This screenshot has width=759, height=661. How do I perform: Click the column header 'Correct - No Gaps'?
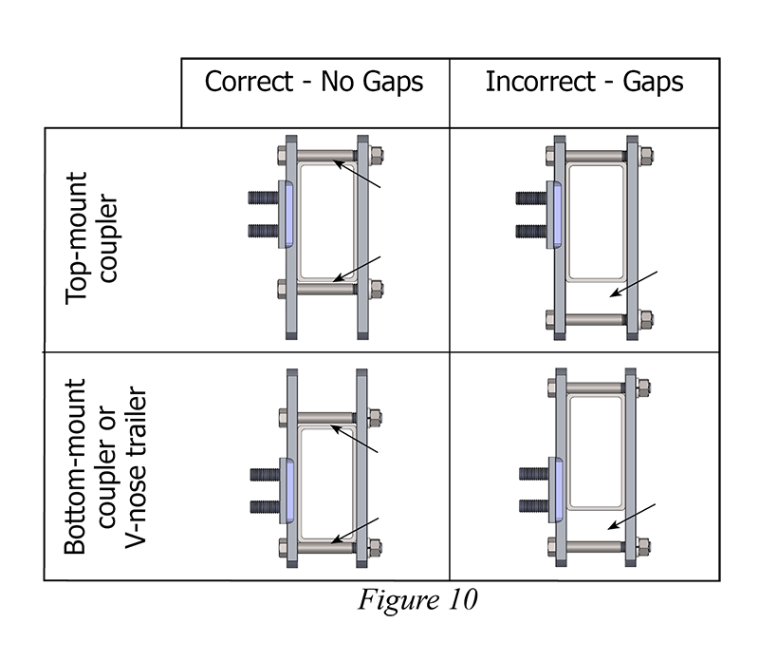click(314, 82)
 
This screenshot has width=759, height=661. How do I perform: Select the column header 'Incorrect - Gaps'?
click(583, 82)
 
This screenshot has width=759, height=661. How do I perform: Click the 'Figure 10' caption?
click(417, 600)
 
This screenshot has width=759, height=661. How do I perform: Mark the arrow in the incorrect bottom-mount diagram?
click(631, 518)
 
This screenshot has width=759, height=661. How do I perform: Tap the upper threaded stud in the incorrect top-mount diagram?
click(527, 200)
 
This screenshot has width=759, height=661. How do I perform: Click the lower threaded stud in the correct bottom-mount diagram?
click(260, 504)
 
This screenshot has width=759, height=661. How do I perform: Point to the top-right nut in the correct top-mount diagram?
click(377, 155)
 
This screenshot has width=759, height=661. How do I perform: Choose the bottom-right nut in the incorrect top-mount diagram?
click(642, 319)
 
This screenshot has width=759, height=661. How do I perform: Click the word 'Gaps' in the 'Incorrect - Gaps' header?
click(652, 82)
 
